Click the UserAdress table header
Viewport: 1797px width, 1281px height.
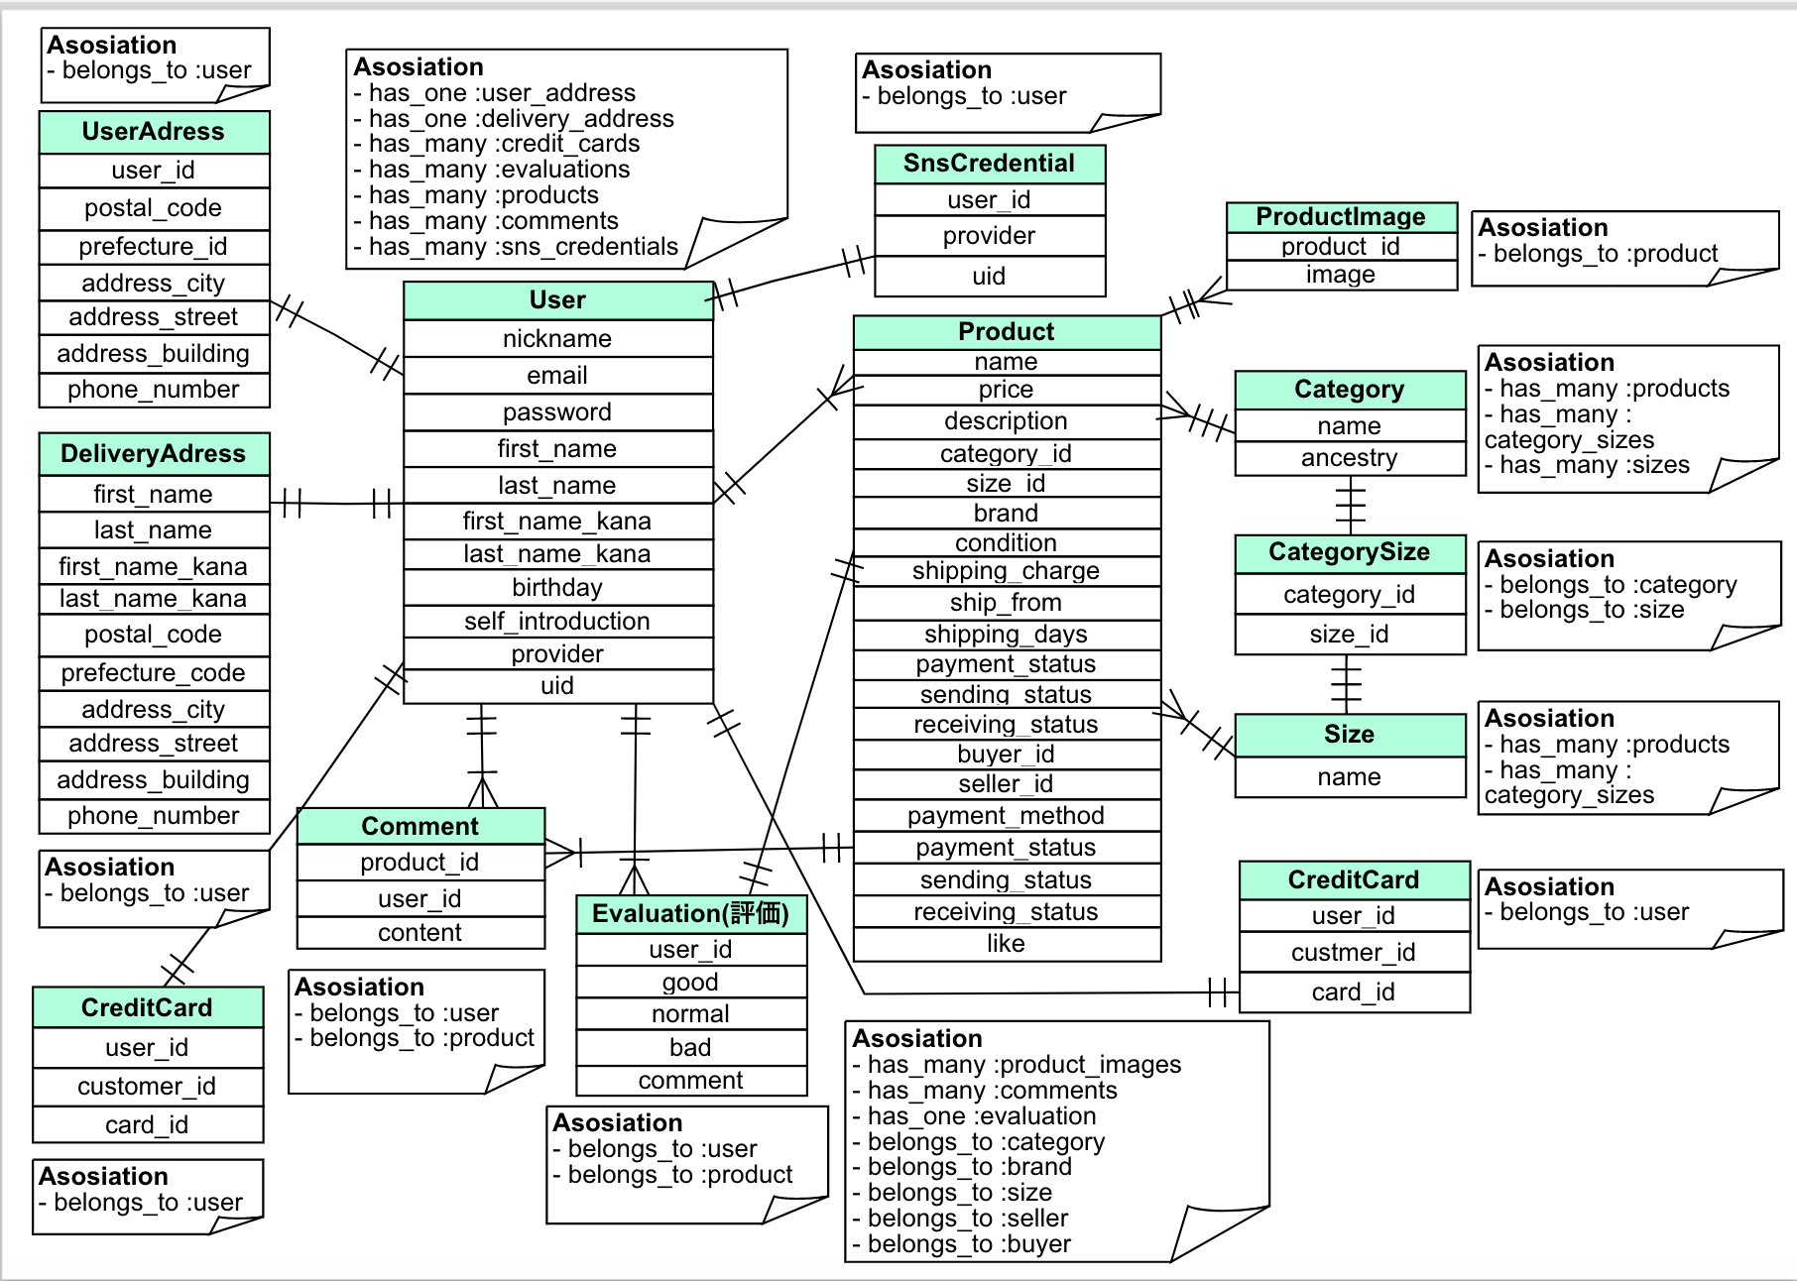[154, 132]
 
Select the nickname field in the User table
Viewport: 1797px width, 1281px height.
[557, 339]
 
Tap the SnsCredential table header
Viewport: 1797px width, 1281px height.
[989, 164]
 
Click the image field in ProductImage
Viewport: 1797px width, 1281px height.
[1341, 275]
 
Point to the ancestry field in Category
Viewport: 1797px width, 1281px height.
[1349, 458]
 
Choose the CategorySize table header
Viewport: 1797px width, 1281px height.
[1349, 552]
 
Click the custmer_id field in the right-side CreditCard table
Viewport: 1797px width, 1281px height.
[1353, 953]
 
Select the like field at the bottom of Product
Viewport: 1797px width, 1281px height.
[1006, 944]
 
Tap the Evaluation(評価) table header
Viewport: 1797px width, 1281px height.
[690, 914]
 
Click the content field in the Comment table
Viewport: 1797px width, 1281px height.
[419, 933]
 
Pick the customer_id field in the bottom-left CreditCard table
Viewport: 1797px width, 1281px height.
[147, 1087]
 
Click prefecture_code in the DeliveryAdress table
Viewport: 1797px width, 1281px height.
[153, 673]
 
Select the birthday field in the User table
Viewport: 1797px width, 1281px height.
[557, 588]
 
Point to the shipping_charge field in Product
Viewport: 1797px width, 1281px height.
[1006, 571]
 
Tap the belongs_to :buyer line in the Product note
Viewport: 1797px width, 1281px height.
[969, 1244]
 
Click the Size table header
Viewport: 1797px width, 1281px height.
[1349, 735]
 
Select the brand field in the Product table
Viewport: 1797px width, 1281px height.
[1006, 514]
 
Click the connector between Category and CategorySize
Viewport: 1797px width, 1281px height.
[1350, 506]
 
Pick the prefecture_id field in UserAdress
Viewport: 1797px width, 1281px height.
[154, 247]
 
